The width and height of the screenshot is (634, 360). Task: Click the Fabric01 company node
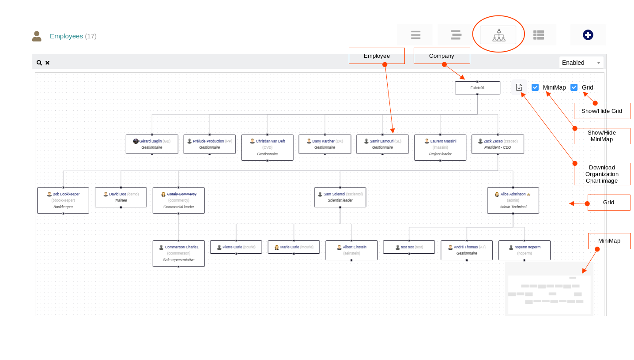[x=477, y=88]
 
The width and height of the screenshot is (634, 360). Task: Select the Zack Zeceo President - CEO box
[x=498, y=144]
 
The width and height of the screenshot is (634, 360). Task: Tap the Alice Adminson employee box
[x=513, y=200]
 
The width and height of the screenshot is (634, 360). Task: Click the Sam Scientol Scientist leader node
[x=340, y=197]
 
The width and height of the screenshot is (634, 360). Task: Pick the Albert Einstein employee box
[x=351, y=250]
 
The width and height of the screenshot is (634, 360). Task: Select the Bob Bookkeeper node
[x=63, y=200]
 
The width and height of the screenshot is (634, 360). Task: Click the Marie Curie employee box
[x=294, y=247]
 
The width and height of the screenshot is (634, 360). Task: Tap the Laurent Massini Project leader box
[x=440, y=147]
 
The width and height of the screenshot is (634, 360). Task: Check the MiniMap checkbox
[x=535, y=87]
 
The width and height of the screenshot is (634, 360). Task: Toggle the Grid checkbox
[x=574, y=87]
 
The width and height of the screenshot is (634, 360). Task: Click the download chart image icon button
[x=519, y=87]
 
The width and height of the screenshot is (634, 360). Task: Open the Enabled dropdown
[x=581, y=63]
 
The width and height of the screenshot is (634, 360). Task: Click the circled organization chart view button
[x=498, y=35]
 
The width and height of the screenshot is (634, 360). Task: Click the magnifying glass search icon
[x=39, y=63]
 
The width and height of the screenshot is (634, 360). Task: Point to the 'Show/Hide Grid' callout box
[x=602, y=111]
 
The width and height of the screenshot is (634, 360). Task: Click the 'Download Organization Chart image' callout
[x=602, y=174]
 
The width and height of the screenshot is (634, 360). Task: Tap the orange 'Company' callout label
[x=442, y=56]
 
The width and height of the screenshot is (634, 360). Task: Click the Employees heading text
[x=66, y=36]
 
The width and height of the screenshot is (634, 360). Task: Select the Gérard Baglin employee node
[x=152, y=144]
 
